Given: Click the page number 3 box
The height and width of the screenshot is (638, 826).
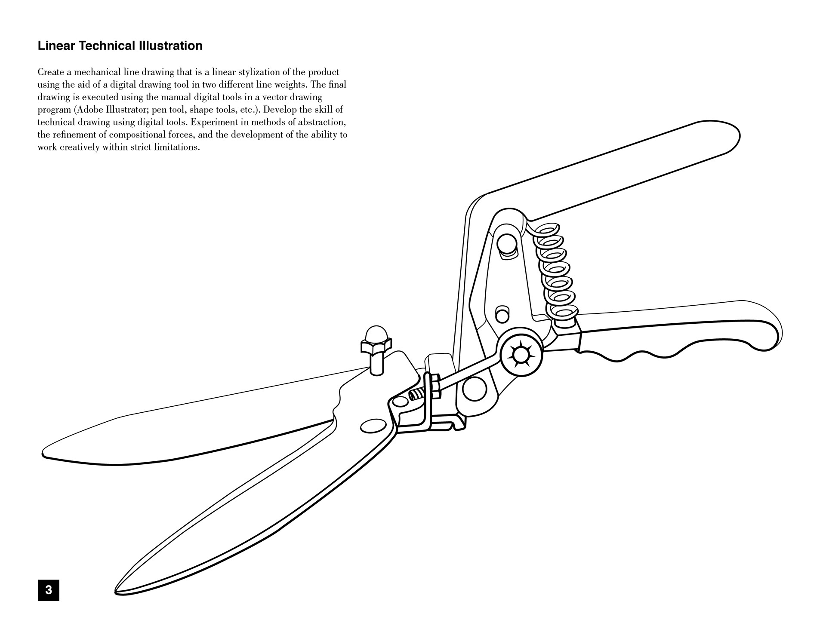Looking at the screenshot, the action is pyautogui.click(x=49, y=590).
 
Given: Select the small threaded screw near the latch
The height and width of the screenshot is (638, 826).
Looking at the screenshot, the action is pyautogui.click(x=417, y=394).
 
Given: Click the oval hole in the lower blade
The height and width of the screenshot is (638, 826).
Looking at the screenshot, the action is pyautogui.click(x=373, y=426).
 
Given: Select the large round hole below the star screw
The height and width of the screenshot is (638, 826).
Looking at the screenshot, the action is pyautogui.click(x=475, y=389).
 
